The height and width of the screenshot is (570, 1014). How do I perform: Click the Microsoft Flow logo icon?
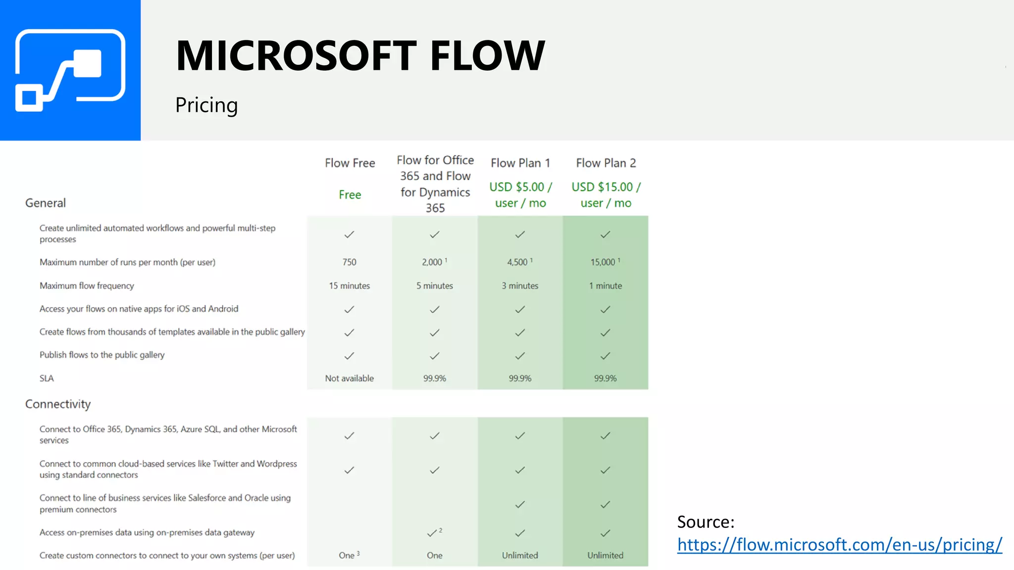pos(70,70)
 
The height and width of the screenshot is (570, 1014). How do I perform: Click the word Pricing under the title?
pos(206,105)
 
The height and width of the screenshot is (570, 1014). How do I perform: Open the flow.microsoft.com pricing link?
pos(839,545)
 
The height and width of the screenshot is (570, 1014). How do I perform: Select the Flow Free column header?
pos(350,163)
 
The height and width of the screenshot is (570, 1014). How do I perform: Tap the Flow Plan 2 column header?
pos(606,163)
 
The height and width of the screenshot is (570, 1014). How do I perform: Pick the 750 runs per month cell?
pos(349,262)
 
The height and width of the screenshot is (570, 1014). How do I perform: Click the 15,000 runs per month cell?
pos(605,262)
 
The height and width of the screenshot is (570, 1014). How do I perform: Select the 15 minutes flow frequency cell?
pos(349,286)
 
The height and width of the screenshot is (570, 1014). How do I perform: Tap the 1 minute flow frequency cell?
pos(605,286)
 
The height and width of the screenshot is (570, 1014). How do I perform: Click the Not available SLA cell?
pos(349,379)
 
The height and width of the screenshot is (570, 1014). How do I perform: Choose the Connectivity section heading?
pos(58,404)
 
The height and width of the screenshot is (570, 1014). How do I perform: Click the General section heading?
pos(46,203)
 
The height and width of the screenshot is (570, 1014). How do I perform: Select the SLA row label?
pos(47,379)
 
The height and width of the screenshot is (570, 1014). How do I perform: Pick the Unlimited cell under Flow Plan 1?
pos(520,556)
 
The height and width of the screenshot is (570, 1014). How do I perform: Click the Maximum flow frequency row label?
pos(87,286)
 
